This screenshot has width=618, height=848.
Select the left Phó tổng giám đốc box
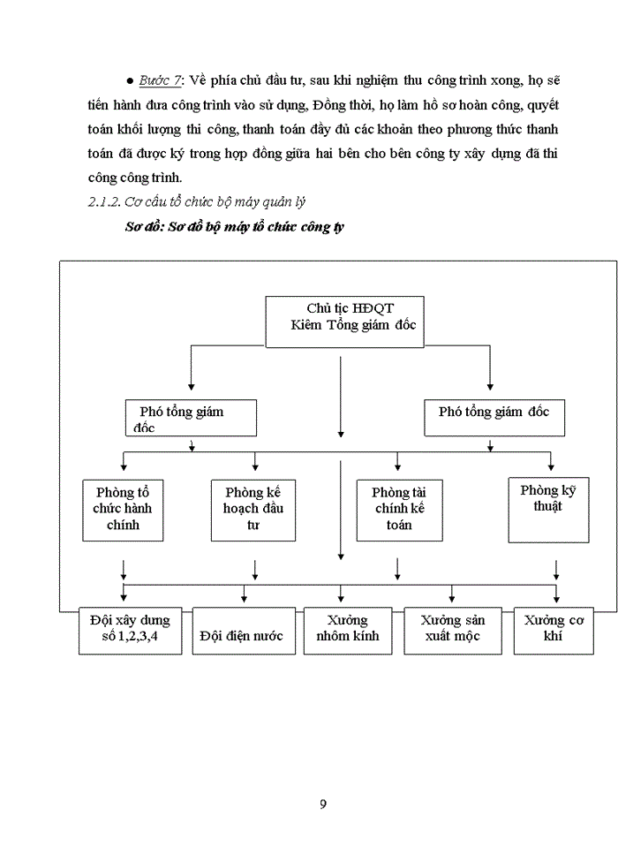click(x=191, y=418)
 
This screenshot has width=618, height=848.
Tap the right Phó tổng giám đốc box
click(x=494, y=418)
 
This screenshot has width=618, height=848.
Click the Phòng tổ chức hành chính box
click(x=123, y=510)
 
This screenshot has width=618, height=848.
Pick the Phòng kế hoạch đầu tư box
click(x=253, y=510)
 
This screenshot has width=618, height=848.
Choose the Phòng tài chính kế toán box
click(x=399, y=510)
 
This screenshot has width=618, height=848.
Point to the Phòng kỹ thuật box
click(x=548, y=509)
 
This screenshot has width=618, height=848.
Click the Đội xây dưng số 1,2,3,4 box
click(x=131, y=629)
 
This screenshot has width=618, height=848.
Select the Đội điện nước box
click(x=242, y=631)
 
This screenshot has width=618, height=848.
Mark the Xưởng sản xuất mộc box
click(x=452, y=629)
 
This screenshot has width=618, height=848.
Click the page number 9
click(x=323, y=803)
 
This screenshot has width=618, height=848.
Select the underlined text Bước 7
click(x=161, y=80)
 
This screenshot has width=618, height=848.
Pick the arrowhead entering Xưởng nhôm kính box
click(x=341, y=602)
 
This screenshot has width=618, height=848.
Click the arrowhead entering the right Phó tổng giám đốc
click(x=491, y=385)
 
